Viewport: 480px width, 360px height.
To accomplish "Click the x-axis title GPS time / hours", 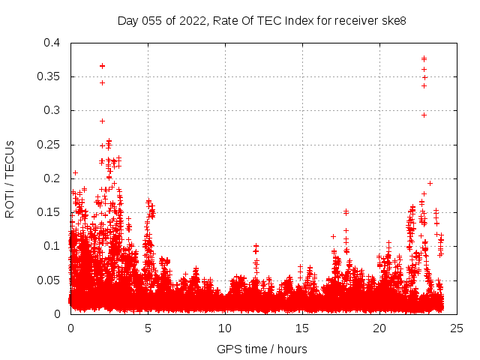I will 262,349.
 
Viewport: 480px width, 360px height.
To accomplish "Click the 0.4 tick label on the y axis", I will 52,43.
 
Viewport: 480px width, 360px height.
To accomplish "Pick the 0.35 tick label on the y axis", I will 49,76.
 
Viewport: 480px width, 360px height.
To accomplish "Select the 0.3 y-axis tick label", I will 52,110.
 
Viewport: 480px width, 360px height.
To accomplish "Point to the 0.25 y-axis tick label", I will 49,145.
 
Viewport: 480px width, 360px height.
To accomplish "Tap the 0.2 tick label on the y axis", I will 52,178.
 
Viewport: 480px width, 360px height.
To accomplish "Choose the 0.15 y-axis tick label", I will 49,212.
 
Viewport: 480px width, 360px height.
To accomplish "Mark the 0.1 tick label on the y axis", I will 52,246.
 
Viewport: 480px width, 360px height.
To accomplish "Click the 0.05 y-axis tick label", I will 49,280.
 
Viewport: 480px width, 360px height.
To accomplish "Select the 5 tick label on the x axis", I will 148,328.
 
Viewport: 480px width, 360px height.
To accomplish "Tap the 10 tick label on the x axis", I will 225,328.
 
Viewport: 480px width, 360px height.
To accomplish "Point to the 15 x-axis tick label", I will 302,328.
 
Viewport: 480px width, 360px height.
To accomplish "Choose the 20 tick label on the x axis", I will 379,328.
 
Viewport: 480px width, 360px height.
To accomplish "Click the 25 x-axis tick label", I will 457,328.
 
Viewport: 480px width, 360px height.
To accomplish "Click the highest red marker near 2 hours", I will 102,65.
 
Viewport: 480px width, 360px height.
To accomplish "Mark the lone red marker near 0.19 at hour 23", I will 430,183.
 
